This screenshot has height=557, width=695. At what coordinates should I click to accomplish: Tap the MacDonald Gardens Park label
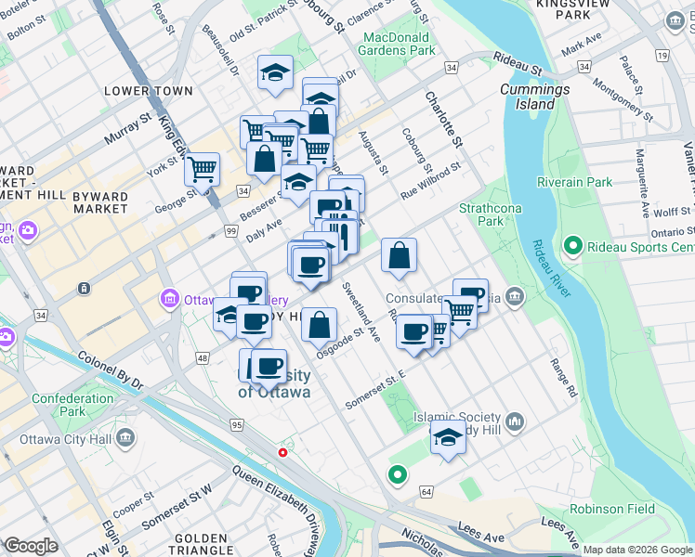tap(397, 44)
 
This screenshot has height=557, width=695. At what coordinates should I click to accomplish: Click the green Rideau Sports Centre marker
tap(572, 247)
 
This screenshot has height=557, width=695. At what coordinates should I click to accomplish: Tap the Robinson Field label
tap(612, 509)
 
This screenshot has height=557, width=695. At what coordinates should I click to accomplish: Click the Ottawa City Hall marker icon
tap(127, 437)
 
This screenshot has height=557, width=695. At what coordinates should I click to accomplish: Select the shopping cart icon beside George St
tap(202, 170)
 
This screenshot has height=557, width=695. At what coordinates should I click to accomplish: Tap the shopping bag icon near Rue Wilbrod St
tap(399, 255)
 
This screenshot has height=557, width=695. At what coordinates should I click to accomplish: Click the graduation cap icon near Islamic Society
tap(448, 437)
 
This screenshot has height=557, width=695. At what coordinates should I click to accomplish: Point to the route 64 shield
tap(426, 490)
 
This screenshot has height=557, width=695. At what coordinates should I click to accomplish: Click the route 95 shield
tap(237, 424)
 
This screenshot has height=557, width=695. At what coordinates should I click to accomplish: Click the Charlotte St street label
tap(443, 118)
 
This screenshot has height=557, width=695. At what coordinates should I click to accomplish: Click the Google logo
tap(31, 547)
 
